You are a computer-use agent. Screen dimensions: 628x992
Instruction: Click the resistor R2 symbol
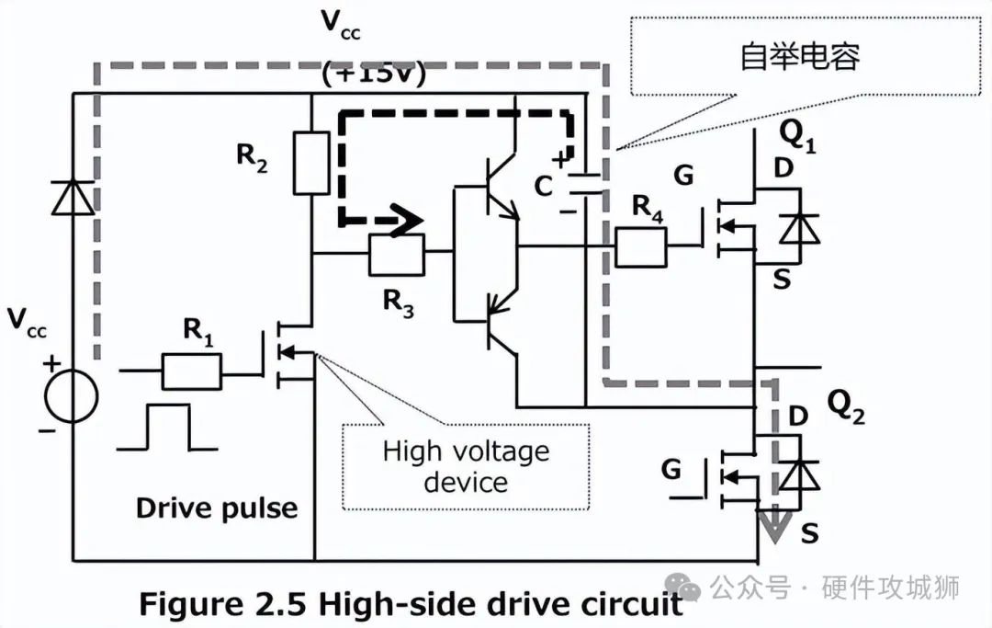click(311, 163)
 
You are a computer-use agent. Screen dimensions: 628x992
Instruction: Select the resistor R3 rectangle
click(397, 256)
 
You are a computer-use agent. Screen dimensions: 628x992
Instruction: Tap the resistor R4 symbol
click(640, 245)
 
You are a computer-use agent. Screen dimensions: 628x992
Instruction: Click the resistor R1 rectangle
click(191, 371)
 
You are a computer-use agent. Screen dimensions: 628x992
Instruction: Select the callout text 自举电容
click(800, 57)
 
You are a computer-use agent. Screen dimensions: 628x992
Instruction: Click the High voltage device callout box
click(466, 466)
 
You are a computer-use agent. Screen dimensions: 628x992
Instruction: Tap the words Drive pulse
click(217, 508)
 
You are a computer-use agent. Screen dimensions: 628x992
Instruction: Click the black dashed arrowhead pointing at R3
click(407, 222)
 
